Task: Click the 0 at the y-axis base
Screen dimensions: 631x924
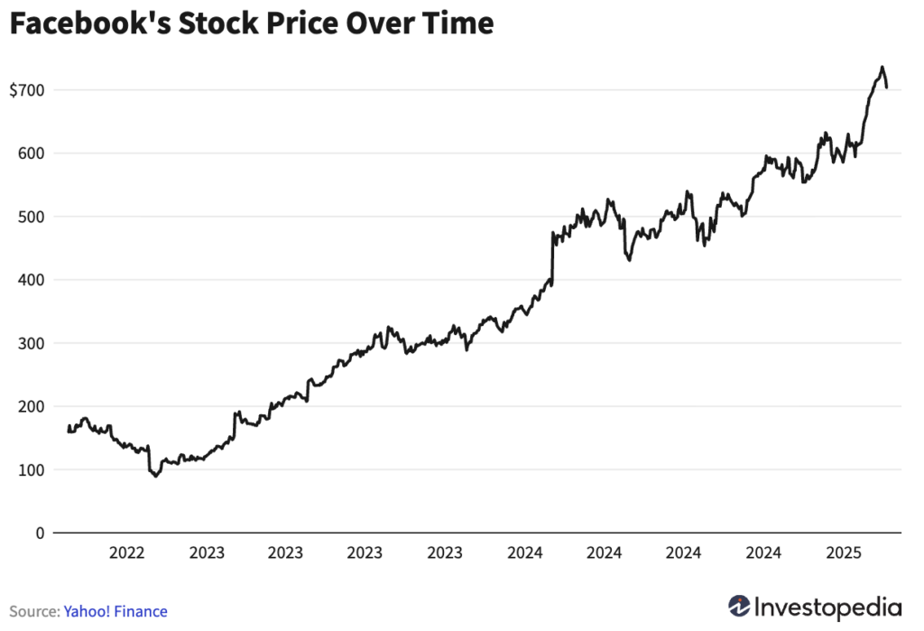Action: [40, 533]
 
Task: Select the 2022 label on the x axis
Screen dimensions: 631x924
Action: [127, 552]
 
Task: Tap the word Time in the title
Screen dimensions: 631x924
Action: [460, 24]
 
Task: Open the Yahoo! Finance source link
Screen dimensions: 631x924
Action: [115, 611]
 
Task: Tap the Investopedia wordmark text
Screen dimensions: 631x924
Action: [828, 606]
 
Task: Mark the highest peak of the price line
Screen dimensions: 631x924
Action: [882, 67]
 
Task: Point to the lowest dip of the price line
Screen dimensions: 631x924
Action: [156, 476]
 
